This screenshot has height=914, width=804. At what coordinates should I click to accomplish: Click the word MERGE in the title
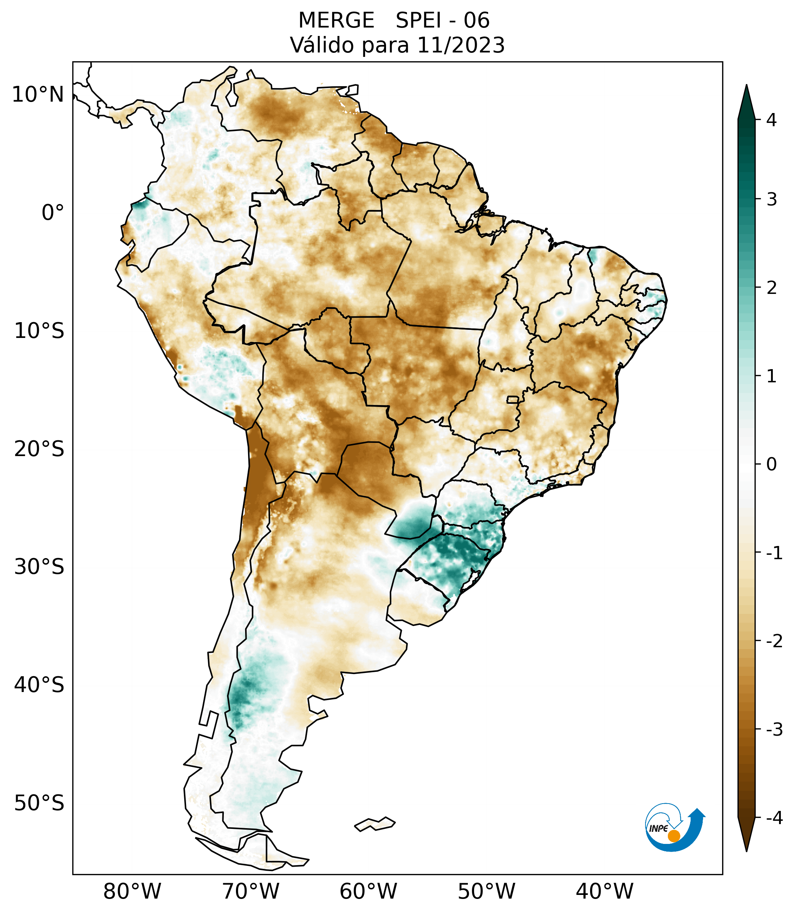(336, 21)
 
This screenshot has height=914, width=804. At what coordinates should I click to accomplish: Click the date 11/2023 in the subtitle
(461, 45)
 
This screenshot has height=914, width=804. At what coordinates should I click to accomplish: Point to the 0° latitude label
(53, 213)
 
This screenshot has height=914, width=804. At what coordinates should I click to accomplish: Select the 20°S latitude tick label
(39, 449)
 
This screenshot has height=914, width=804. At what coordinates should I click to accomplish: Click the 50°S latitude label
(39, 804)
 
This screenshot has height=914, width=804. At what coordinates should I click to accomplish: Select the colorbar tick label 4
(771, 120)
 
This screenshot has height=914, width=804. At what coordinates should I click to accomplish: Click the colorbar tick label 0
(771, 465)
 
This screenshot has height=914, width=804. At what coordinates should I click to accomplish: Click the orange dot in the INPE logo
(673, 835)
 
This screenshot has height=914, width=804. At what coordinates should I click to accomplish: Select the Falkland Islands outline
(375, 823)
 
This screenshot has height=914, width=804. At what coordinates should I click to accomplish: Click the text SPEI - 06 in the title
(442, 21)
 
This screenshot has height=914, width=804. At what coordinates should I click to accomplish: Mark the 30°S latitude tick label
(39, 567)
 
